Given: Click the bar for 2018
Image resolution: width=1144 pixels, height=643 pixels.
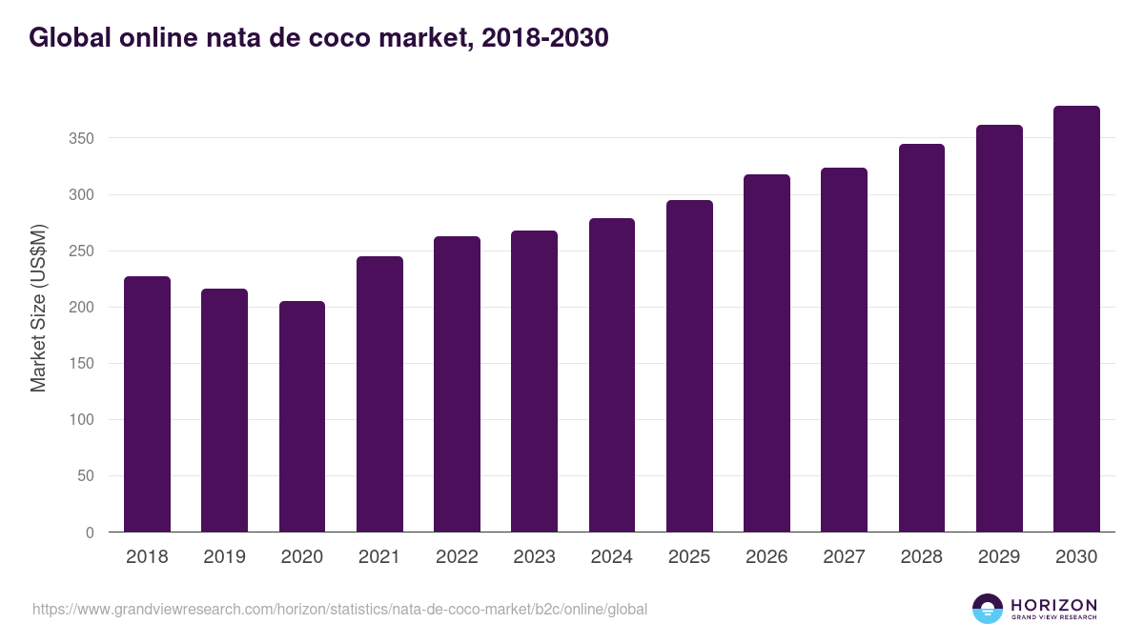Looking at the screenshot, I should (147, 404).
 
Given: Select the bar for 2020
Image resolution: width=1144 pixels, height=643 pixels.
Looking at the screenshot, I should (302, 416).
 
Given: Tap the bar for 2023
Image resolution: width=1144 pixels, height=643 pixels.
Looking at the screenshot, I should (534, 381).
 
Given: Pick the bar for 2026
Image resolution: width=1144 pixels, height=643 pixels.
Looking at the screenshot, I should (766, 352).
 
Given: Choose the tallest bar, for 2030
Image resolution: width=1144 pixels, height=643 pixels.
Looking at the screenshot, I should (1076, 318).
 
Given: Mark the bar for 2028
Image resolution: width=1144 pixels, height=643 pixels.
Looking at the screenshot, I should (921, 337).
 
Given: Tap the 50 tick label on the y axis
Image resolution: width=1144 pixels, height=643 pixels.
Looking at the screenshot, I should (86, 476).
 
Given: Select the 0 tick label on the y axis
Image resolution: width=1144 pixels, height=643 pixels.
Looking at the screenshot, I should (90, 532).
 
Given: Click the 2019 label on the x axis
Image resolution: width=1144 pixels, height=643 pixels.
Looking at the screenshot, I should (224, 557).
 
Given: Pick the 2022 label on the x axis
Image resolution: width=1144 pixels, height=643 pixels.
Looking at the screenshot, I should (457, 557).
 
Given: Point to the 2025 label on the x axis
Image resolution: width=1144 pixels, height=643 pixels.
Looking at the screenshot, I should (689, 557).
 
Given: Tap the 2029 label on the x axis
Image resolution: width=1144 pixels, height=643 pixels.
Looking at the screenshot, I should (999, 557).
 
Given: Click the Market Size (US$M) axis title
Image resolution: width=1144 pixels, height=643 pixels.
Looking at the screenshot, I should (38, 308).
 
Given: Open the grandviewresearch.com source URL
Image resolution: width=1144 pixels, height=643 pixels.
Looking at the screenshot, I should (339, 609).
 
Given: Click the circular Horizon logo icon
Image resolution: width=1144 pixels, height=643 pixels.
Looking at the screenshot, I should (988, 609).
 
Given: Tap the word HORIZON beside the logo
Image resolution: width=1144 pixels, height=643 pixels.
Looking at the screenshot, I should (1053, 605).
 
